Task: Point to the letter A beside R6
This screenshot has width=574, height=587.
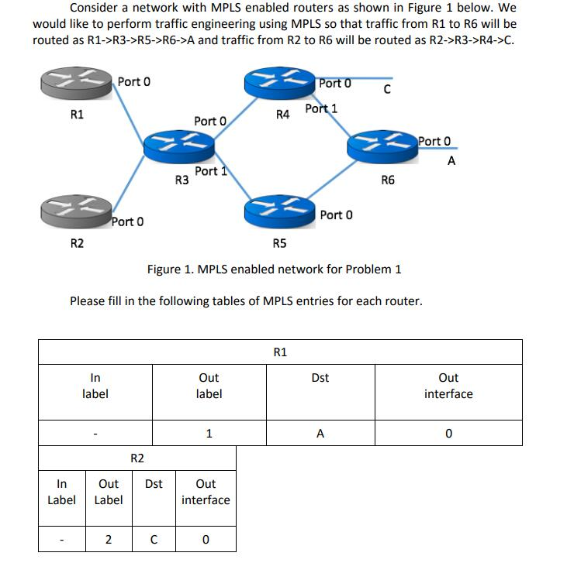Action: (x=451, y=161)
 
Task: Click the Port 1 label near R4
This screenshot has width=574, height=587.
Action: (x=321, y=108)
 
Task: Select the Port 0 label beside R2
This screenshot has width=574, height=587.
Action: (x=127, y=222)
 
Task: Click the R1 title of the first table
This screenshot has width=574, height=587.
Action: (x=280, y=352)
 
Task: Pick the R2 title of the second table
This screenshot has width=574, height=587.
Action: (x=137, y=458)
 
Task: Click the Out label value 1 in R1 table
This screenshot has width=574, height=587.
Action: (x=209, y=434)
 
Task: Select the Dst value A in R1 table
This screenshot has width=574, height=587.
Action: (x=320, y=434)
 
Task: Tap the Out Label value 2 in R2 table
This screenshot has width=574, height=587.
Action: (x=108, y=540)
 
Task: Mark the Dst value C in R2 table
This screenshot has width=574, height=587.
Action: (x=154, y=540)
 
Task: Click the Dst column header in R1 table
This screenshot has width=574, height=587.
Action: (x=320, y=378)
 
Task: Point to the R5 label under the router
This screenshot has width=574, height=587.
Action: (x=280, y=244)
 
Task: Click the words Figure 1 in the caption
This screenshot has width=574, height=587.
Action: (x=171, y=269)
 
